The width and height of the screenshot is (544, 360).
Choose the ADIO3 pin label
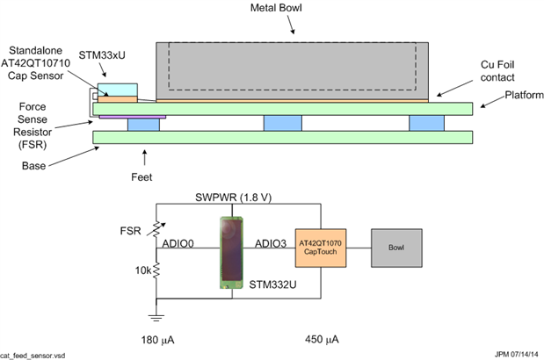[x=271, y=241]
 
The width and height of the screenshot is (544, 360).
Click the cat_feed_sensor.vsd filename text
[x=34, y=355]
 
